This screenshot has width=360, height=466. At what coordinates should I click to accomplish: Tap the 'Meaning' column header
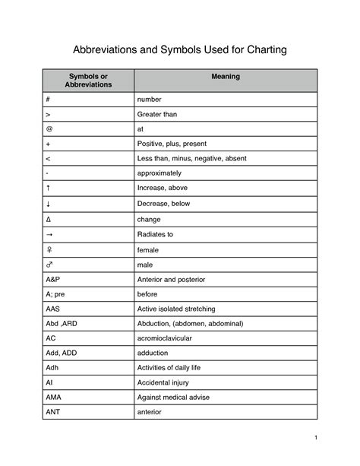point(226,76)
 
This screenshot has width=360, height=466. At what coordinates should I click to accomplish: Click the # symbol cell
point(49,100)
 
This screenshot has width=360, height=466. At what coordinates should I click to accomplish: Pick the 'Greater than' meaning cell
point(158,114)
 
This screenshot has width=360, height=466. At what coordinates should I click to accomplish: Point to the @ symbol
point(49,128)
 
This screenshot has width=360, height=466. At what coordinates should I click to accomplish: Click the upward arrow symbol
point(49,187)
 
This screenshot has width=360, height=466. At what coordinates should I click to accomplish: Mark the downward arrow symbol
point(49,202)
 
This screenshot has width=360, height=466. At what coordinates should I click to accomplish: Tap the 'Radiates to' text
point(155,234)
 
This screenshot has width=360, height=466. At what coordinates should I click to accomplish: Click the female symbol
point(49,249)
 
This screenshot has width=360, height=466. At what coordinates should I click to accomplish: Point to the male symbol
point(49,264)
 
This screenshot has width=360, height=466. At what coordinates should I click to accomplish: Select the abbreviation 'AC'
point(51,338)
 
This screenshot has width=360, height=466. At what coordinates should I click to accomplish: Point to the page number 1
point(334,439)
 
